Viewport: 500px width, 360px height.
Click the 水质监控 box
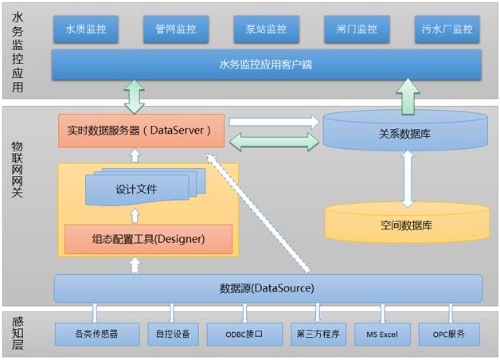click(85, 30)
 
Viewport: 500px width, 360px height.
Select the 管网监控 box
click(176, 30)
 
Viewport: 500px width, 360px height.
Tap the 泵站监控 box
click(266, 30)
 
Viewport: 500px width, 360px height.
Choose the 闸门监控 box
click(357, 30)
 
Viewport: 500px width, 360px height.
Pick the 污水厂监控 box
click(447, 30)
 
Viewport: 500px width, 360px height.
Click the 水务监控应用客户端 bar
click(266, 65)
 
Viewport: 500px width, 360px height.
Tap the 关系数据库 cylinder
click(406, 133)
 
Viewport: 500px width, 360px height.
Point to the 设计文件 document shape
click(137, 190)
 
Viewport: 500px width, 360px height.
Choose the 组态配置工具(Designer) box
click(148, 238)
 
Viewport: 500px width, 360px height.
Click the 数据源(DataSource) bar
click(267, 288)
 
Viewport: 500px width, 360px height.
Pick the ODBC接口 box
click(244, 334)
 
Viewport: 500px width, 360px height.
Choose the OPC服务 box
click(451, 334)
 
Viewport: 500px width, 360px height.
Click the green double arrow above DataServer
click(133, 96)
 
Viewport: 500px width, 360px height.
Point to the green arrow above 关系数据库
click(407, 96)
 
